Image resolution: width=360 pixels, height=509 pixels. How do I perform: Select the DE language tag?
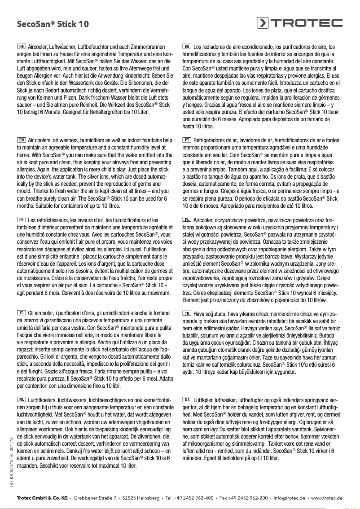[21, 46]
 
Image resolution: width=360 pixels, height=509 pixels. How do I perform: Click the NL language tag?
[21, 399]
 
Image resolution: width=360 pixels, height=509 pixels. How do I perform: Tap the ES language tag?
[188, 46]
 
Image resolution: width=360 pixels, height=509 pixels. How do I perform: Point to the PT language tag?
[188, 140]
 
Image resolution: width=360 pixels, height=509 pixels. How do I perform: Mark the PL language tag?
[188, 219]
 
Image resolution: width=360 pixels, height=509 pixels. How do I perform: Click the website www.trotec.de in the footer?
[327, 498]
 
